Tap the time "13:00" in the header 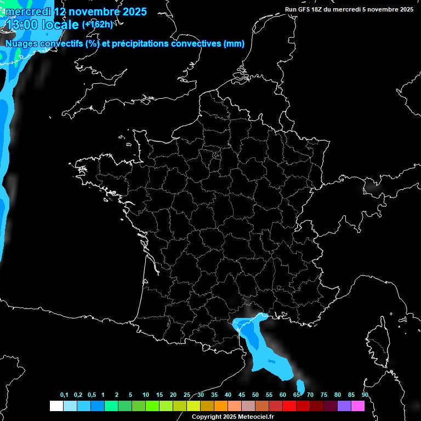click(x=22, y=25)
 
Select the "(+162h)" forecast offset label click(x=98, y=24)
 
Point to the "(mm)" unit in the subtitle click(x=234, y=44)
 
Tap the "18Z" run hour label click(x=317, y=9)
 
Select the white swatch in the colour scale click(x=56, y=406)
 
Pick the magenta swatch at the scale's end click(x=357, y=406)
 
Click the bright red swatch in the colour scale click(x=289, y=406)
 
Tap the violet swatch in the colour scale click(x=344, y=406)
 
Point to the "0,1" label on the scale click(x=64, y=395)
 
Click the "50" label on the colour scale click(x=255, y=395)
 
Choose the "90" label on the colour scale click(x=365, y=395)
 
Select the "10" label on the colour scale click(x=146, y=395)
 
